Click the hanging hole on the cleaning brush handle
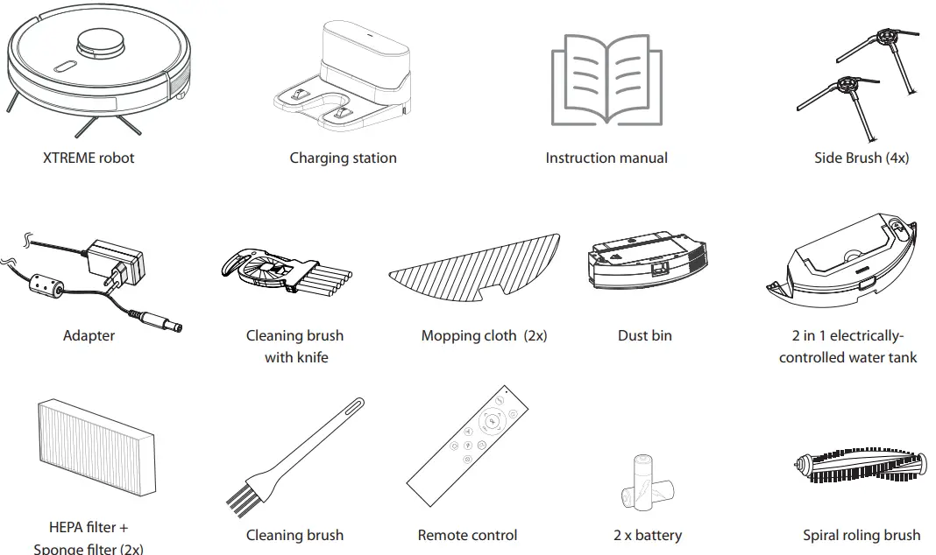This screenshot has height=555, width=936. (x=356, y=406)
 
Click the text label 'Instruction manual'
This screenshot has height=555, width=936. (x=606, y=158)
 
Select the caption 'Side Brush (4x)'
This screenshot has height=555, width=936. (x=861, y=158)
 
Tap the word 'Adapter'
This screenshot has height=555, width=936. (x=89, y=335)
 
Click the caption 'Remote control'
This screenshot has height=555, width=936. (x=467, y=535)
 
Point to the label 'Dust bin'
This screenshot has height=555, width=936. (x=645, y=335)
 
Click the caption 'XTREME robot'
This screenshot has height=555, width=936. (x=89, y=158)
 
